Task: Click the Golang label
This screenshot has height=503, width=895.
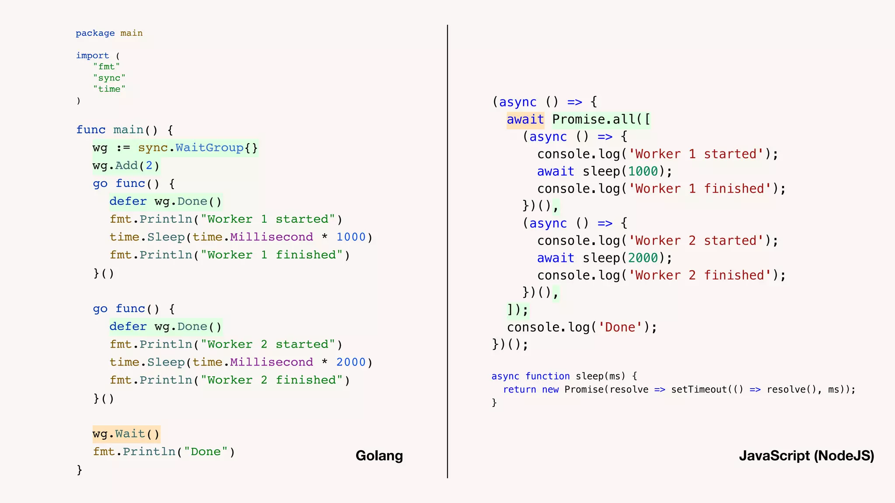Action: point(379,455)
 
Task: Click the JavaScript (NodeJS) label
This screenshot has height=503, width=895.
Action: point(806,455)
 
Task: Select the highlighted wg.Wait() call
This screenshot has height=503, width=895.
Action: point(126,434)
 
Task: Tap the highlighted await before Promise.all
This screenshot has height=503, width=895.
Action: point(525,120)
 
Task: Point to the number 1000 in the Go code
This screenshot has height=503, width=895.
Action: point(351,237)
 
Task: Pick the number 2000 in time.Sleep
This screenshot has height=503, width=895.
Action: point(351,362)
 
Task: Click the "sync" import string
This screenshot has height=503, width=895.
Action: point(109,78)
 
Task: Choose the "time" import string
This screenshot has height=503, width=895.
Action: point(109,89)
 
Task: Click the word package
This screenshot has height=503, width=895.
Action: point(95,33)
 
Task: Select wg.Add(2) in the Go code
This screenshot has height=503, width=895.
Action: point(126,166)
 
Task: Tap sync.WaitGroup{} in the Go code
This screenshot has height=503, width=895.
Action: point(198,148)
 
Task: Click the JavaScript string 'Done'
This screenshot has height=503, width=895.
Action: point(620,327)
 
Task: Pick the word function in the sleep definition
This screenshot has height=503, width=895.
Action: point(548,376)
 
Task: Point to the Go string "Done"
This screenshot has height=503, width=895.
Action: point(205,452)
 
